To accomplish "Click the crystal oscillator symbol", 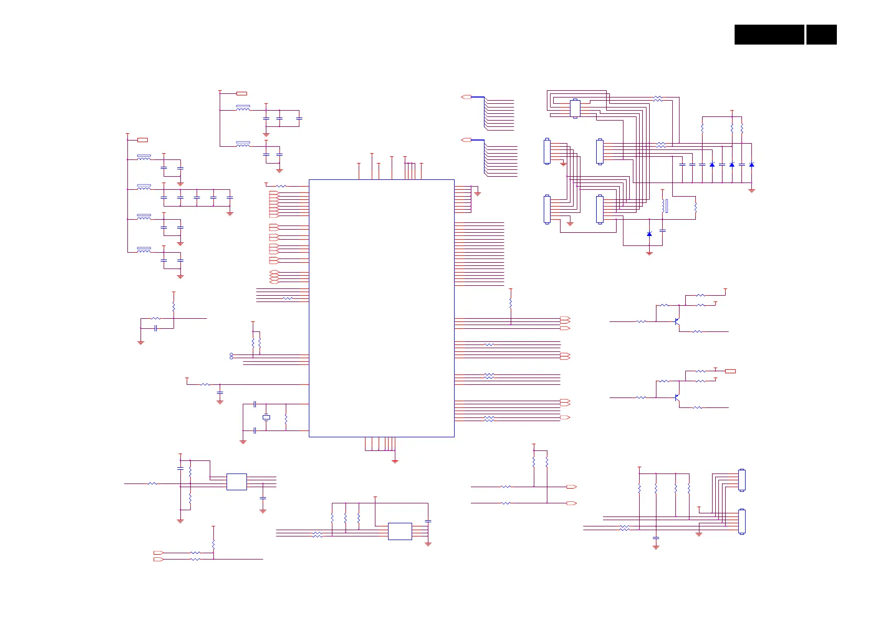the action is (x=266, y=417).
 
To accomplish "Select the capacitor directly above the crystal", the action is (x=254, y=404).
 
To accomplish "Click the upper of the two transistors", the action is (x=677, y=321).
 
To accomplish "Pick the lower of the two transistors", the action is (x=677, y=398).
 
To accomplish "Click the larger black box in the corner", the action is (x=769, y=35).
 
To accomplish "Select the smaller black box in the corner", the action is (x=821, y=35).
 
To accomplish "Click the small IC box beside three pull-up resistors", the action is (x=400, y=531).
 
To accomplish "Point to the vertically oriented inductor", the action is (x=665, y=206).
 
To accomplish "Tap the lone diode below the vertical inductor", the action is (x=649, y=234).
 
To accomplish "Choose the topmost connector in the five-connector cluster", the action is (x=575, y=109).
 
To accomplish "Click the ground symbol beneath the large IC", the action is (x=395, y=461).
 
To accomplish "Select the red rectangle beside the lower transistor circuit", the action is (x=730, y=371).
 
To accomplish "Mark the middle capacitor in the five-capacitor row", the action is (x=197, y=198).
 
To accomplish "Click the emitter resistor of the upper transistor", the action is (x=697, y=331).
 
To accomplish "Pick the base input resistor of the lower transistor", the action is (x=641, y=398).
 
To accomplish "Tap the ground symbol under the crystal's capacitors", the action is (x=243, y=442).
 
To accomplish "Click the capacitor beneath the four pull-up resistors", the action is (x=655, y=538).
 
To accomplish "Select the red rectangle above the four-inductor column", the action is (x=142, y=140).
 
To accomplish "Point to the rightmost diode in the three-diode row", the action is (x=751, y=165).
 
